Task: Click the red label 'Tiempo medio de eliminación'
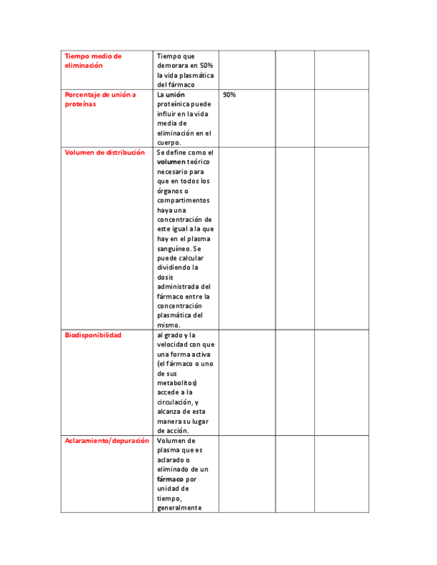[x=93, y=61]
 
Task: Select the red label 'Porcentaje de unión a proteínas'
[x=100, y=99]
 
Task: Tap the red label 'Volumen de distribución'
[x=105, y=153]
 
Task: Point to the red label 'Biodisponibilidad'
[x=93, y=335]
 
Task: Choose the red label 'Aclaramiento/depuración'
[x=106, y=441]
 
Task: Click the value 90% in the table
[x=229, y=95]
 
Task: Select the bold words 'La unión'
[x=171, y=95]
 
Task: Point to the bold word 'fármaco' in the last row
[x=170, y=479]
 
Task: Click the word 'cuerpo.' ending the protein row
[x=169, y=143]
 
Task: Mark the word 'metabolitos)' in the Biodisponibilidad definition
[x=177, y=383]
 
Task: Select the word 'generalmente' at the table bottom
[x=179, y=508]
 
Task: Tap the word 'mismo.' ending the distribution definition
[x=168, y=325]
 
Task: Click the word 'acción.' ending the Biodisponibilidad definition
[x=172, y=431]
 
